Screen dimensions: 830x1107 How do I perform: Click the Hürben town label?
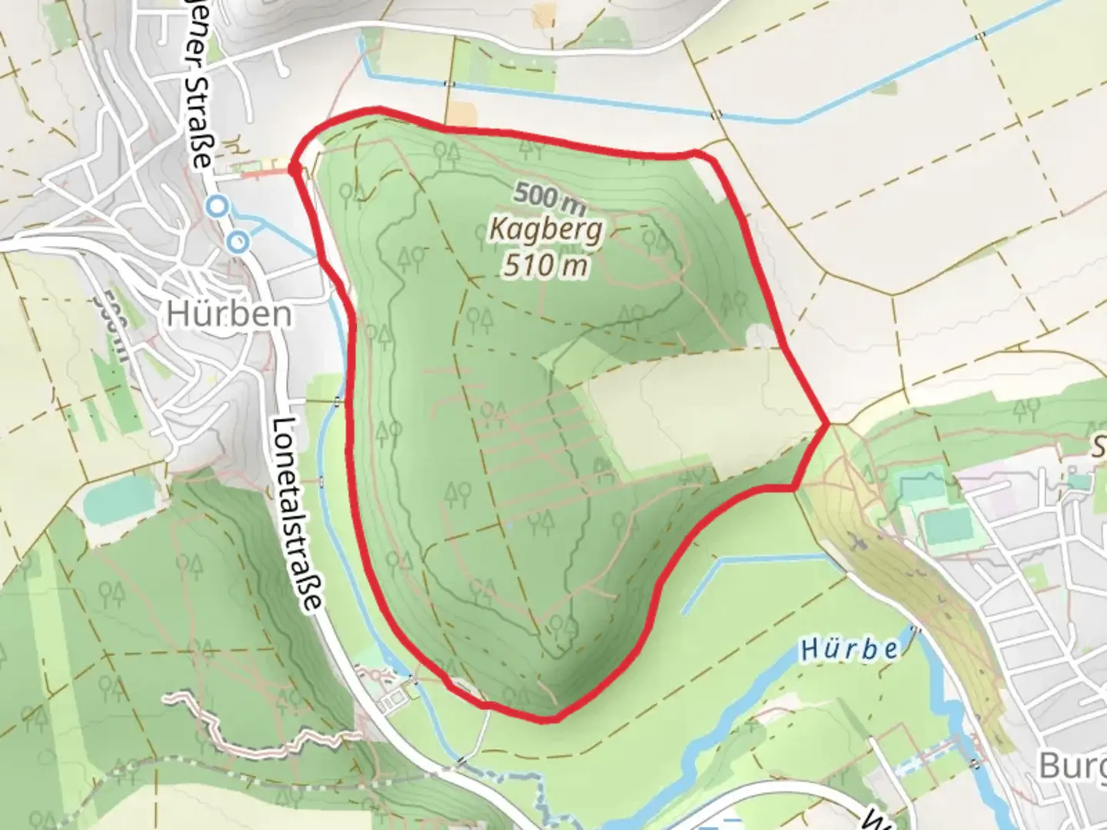coord(229,314)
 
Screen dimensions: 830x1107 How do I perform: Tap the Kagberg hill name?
coord(546,231)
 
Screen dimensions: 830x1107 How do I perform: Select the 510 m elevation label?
coord(547,265)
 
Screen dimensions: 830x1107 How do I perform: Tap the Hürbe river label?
coord(849,650)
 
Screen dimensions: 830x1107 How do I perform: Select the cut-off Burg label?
coord(1072,765)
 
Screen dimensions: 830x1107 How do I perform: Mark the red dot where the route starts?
coord(294,168)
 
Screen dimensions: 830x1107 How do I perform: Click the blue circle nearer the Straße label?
coord(218,206)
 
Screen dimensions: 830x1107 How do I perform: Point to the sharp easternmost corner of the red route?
coord(827,423)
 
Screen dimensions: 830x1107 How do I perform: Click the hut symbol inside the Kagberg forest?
coord(602,465)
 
